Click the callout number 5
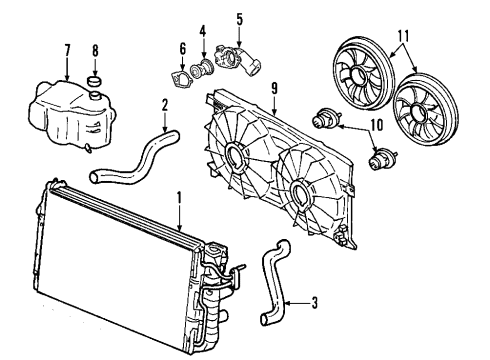tap(239, 17)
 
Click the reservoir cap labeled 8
tap(97, 80)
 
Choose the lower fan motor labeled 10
tap(380, 157)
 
